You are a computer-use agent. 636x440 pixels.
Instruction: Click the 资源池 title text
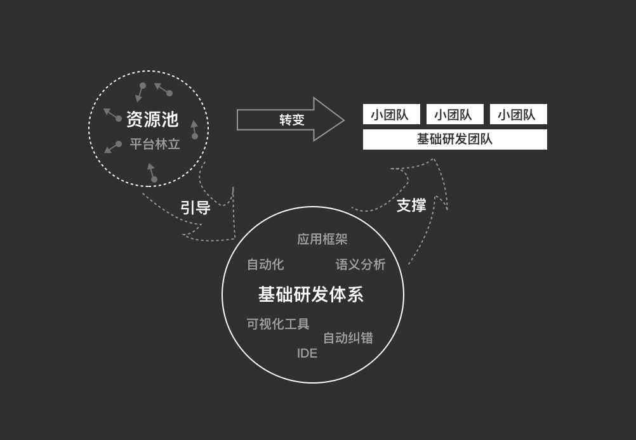click(x=152, y=119)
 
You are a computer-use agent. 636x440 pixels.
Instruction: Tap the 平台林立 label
click(x=154, y=144)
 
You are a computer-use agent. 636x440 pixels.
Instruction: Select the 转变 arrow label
click(x=291, y=120)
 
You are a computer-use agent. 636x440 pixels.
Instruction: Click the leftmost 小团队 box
click(x=392, y=114)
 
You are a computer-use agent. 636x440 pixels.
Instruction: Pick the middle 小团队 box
click(x=454, y=114)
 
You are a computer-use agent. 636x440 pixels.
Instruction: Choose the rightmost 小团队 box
click(x=519, y=114)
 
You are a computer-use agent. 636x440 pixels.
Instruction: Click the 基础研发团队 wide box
click(x=455, y=139)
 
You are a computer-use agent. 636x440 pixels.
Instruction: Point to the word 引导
click(x=195, y=207)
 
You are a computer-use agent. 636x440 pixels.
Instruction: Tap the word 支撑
click(x=411, y=205)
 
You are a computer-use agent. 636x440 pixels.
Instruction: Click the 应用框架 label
click(x=322, y=239)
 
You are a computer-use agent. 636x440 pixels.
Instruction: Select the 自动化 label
click(x=265, y=264)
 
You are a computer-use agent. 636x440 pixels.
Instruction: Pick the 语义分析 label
click(x=360, y=264)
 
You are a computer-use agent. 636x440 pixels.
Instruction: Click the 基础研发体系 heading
click(x=310, y=295)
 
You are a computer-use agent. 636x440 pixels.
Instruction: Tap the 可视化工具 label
click(x=278, y=324)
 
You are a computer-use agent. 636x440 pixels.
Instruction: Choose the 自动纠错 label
click(x=348, y=338)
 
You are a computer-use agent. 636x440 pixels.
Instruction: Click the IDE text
click(x=307, y=353)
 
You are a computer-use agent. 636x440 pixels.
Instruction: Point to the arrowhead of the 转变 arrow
click(x=344, y=120)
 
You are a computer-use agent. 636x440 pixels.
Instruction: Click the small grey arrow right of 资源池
click(x=194, y=129)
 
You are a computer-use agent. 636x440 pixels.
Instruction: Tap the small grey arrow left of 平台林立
click(x=113, y=147)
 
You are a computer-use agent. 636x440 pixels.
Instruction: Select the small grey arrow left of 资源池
click(x=112, y=115)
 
